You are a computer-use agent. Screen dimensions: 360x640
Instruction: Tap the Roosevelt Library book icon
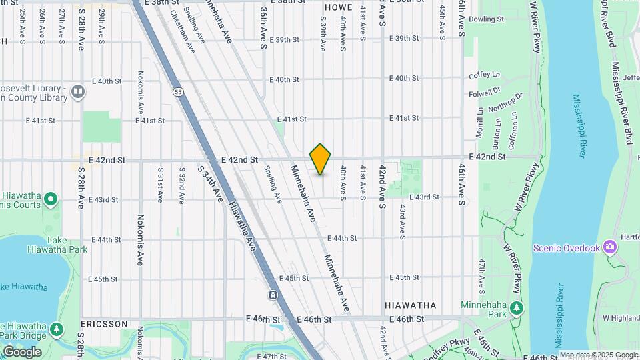pyautogui.click(x=78, y=91)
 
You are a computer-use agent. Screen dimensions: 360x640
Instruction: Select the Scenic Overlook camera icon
pyautogui.click(x=609, y=247)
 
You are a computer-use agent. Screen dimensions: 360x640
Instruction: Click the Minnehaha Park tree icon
pyautogui.click(x=515, y=309)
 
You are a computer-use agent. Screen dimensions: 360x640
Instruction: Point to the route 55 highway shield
pyautogui.click(x=177, y=91)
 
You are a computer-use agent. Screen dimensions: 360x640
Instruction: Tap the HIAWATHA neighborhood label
pyautogui.click(x=411, y=305)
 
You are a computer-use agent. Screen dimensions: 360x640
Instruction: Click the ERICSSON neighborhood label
pyautogui.click(x=104, y=323)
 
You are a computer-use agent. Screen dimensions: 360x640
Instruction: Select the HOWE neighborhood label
pyautogui.click(x=338, y=7)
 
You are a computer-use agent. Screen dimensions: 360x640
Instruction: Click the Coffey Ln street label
pyautogui.click(x=484, y=75)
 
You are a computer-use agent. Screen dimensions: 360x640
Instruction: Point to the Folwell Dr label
pyautogui.click(x=485, y=93)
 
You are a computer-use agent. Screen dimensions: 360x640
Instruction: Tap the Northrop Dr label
pyautogui.click(x=506, y=102)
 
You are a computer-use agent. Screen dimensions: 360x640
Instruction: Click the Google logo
pyautogui.click(x=22, y=351)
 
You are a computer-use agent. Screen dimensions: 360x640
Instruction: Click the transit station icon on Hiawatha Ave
pyautogui.click(x=273, y=295)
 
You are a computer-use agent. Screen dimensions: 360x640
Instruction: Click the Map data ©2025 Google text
pyautogui.click(x=598, y=355)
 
